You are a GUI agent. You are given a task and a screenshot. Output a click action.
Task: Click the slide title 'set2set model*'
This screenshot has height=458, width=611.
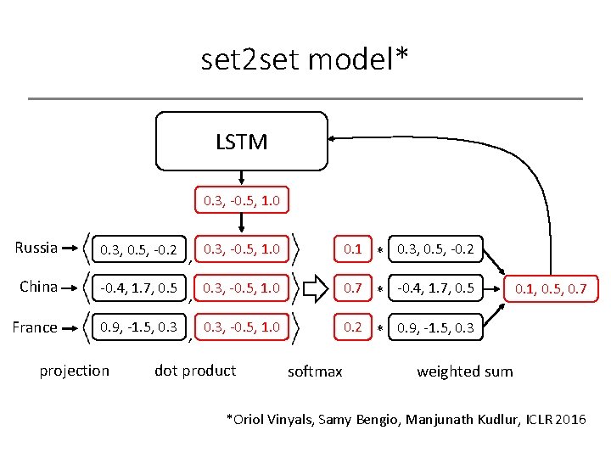click(305, 59)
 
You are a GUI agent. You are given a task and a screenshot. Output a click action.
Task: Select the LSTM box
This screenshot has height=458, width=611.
click(241, 142)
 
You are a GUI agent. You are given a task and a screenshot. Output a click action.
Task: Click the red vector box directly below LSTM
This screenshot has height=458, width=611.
click(241, 201)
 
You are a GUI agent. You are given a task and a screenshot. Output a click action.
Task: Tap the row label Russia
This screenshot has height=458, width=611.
click(36, 248)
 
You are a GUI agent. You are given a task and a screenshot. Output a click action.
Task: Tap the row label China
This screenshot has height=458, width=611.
click(39, 287)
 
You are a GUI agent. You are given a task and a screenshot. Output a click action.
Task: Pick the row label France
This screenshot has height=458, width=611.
click(36, 327)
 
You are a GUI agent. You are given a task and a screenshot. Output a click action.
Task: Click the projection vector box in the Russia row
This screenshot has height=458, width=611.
click(138, 249)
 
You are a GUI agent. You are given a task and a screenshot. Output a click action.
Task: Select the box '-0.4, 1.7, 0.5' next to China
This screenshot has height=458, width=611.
click(138, 288)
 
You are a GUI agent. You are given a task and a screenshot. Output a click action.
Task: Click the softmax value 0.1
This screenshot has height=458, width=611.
click(352, 249)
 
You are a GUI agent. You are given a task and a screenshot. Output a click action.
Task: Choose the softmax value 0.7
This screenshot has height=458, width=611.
click(352, 288)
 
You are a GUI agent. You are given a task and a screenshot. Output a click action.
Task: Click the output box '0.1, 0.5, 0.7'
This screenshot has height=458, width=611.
click(551, 289)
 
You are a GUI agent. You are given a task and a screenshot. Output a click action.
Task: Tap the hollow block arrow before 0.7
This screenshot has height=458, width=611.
click(315, 288)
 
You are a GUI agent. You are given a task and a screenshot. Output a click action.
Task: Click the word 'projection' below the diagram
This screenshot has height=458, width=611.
click(75, 371)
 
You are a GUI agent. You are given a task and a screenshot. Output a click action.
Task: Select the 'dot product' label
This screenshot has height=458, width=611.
click(195, 371)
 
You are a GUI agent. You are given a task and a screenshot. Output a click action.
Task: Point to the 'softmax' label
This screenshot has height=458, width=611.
click(315, 371)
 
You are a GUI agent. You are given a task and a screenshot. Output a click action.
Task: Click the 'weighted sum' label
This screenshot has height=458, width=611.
click(465, 371)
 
